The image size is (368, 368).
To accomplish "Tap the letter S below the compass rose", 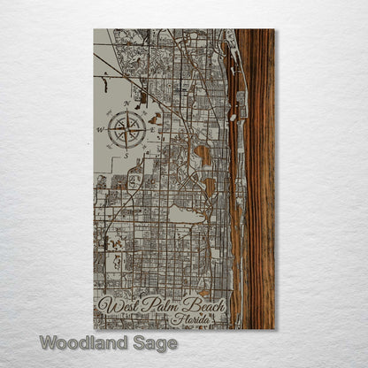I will (x=127, y=155).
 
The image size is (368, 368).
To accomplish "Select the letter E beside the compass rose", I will (x=152, y=129).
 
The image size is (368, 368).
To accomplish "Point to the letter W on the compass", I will (x=101, y=130).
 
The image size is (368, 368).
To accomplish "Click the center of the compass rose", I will (x=127, y=129).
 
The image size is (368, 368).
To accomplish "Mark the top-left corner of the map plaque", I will (x=94, y=29).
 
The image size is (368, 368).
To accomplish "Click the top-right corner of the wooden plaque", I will (x=274, y=29).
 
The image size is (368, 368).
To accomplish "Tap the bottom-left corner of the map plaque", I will (x=94, y=329).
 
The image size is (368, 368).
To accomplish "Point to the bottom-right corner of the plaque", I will (x=274, y=329).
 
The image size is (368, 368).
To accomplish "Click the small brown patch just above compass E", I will (x=156, y=118).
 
